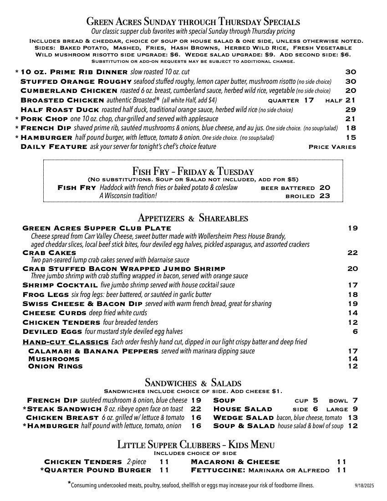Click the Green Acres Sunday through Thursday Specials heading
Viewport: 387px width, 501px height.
193,21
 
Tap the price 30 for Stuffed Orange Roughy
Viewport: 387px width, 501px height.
351,82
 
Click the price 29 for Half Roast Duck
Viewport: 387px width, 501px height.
351,110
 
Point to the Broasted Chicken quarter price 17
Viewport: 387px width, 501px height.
309,100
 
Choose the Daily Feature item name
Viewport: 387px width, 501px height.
54,147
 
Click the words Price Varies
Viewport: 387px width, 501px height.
332,147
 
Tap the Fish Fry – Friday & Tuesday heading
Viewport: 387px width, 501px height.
193,172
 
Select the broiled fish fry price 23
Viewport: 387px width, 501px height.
325,196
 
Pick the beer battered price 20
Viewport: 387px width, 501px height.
325,188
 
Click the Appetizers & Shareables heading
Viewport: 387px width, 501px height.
193,218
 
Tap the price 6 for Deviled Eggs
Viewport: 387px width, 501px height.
355,332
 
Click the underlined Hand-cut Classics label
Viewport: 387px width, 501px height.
66,342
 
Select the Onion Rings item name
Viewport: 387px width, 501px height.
56,366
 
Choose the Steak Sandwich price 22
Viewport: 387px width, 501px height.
196,409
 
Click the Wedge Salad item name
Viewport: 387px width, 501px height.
244,418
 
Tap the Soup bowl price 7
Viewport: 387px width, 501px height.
355,400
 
